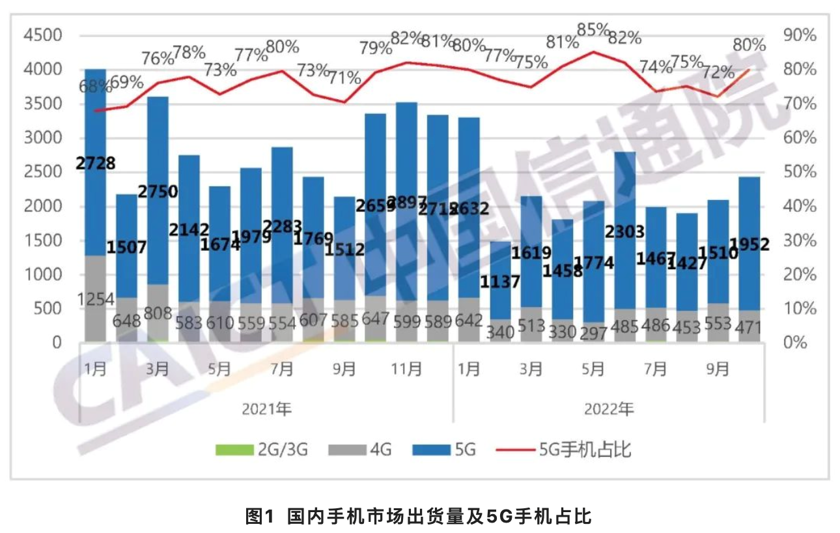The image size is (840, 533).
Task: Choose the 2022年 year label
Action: [609, 409]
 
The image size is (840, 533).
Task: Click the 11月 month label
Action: [406, 369]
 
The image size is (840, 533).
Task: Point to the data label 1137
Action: [499, 282]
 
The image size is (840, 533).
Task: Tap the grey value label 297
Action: [593, 331]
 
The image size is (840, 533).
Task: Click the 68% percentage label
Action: [95, 85]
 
